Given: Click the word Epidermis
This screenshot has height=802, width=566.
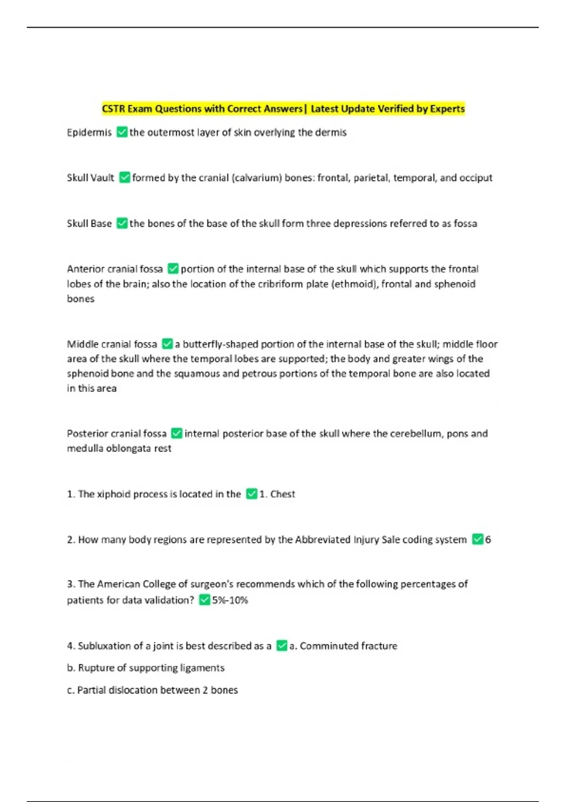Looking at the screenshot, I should point(89,133).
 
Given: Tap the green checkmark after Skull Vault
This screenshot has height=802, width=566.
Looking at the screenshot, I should point(125,177).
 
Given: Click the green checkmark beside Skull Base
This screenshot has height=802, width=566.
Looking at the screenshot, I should point(122,223).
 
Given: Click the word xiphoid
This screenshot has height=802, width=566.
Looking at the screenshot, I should point(114,494).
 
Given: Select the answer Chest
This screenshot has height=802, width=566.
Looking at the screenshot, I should point(283,494).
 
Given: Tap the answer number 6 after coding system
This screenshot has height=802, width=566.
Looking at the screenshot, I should point(488,539).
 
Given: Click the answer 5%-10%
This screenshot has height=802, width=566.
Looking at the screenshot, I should point(230,600).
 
